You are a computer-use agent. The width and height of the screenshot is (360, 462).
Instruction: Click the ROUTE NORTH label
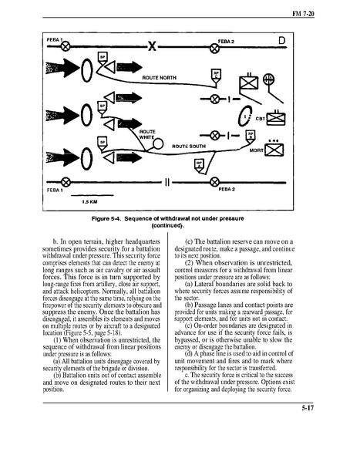click(160, 78)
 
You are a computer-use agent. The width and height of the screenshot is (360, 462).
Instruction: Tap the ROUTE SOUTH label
click(189, 146)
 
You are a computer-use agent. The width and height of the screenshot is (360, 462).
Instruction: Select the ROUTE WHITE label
click(147, 134)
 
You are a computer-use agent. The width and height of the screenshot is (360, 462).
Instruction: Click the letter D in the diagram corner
click(282, 40)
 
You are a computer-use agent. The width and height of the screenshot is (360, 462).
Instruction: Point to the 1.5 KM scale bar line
click(93, 195)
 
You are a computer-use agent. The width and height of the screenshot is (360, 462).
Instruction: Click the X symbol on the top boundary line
click(152, 46)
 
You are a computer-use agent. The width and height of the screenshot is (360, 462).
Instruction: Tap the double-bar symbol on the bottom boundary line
click(167, 183)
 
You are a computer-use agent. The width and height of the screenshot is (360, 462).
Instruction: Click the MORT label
click(256, 150)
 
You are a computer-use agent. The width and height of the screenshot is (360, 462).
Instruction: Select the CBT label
click(261, 119)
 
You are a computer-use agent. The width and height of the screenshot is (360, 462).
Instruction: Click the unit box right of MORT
click(274, 150)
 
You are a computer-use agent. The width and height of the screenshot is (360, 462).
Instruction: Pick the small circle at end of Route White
click(158, 143)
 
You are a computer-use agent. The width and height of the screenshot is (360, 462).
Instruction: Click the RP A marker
click(200, 166)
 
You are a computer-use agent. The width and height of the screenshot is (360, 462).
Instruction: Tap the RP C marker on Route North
click(217, 76)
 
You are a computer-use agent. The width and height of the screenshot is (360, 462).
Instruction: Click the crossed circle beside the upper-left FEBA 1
click(66, 46)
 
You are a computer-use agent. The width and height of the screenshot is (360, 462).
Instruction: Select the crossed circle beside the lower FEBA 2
click(215, 182)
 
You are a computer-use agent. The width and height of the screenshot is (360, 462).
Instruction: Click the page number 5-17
click(308, 408)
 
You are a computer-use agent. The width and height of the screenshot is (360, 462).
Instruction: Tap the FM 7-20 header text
click(303, 14)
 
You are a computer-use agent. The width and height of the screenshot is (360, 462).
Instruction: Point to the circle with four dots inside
click(268, 79)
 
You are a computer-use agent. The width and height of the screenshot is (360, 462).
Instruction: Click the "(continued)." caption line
click(167, 226)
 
